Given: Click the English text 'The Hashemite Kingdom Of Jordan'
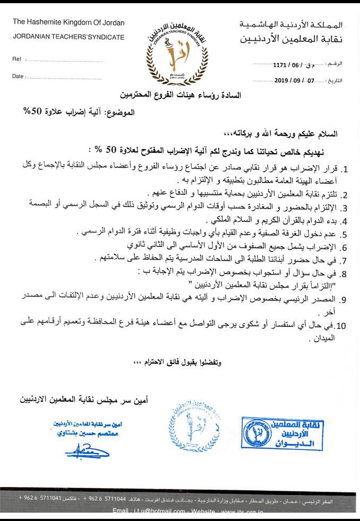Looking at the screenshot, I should point(68,23).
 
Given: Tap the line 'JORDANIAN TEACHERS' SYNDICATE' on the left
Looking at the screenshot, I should point(68,37).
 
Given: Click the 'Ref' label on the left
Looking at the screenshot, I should point(16,60).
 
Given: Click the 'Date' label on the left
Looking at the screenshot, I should point(18,76).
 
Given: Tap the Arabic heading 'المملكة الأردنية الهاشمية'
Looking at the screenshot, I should point(298,25).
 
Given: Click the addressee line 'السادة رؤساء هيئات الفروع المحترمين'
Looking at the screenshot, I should point(180,96).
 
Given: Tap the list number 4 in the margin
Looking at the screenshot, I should point(344,221).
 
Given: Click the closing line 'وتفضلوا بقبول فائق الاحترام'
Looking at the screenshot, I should point(176,363).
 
